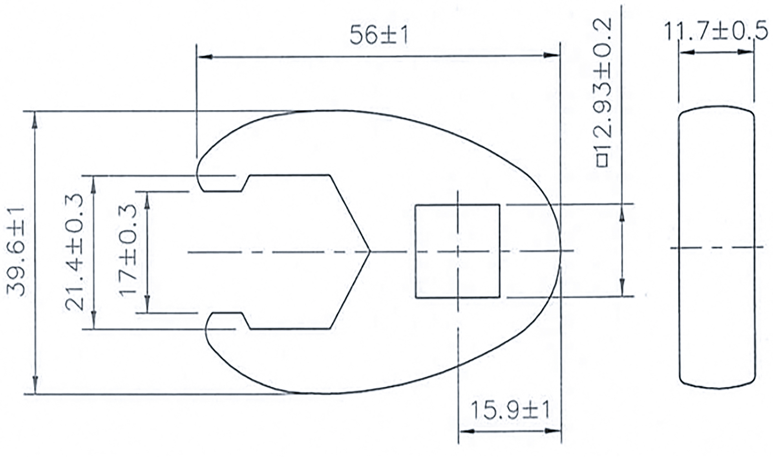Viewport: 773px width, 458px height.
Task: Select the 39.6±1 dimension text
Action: (x=16, y=252)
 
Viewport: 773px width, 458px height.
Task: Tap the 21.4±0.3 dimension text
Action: (x=74, y=252)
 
